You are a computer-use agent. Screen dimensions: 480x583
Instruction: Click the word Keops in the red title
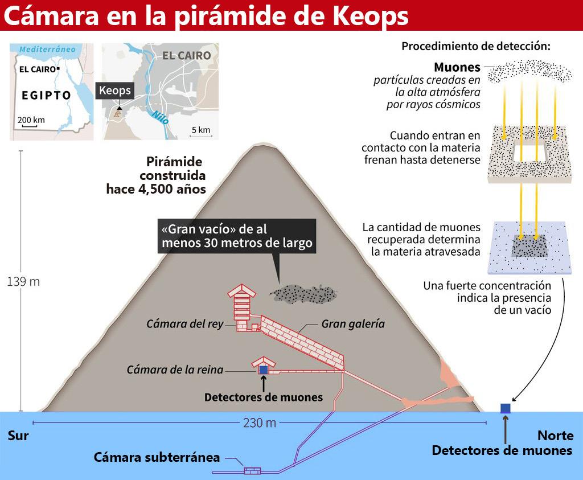pos(369,17)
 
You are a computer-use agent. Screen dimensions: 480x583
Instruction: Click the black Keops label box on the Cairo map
pos(114,91)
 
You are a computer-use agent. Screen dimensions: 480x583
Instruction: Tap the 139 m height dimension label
pos(23,282)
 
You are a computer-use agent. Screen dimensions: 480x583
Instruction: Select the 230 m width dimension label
pos(260,423)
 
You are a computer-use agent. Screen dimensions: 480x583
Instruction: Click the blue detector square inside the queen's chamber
pos(263,370)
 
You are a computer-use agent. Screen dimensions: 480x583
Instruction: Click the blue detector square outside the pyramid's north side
pos(505,408)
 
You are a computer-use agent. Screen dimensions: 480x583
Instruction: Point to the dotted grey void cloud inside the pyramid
pos(304,294)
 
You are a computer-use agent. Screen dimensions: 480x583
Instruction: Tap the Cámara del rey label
pos(184,324)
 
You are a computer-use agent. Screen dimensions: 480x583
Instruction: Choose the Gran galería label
pos(353,324)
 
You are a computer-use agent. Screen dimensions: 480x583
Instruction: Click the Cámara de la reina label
pos(175,370)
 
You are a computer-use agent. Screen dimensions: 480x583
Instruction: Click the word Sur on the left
pos(18,436)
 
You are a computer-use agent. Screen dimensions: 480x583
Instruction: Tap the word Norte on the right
pos(555,436)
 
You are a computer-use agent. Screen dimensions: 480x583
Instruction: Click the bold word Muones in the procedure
pos(457,67)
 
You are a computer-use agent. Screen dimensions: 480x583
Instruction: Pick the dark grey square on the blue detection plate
pos(529,246)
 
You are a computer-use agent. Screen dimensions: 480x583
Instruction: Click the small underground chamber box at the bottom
pos(252,471)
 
